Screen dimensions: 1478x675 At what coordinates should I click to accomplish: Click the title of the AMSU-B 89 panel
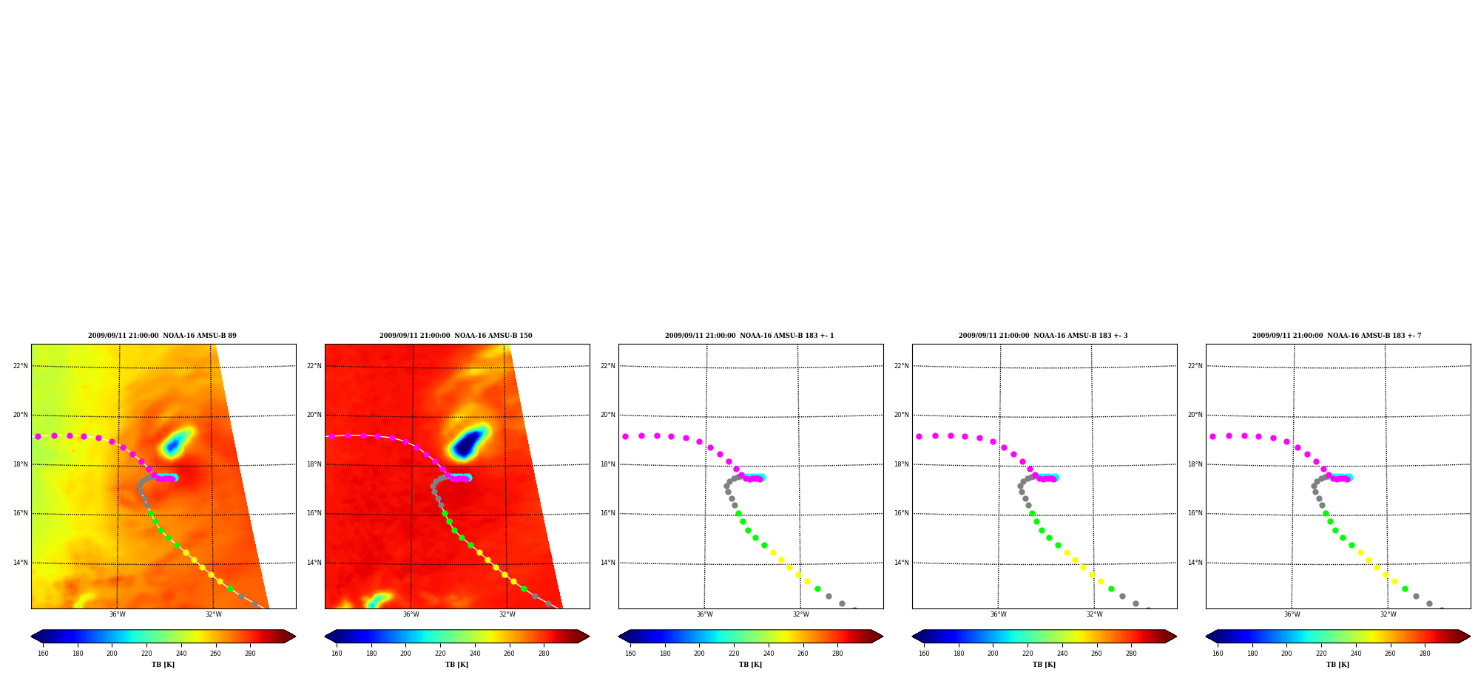click(x=163, y=336)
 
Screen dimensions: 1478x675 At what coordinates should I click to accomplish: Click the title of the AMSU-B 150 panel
click(x=456, y=336)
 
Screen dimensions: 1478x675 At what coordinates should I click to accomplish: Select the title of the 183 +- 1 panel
click(x=749, y=336)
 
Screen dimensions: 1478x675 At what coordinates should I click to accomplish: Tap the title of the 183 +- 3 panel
click(x=1043, y=336)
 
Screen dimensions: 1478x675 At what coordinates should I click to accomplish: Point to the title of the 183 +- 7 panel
click(x=1337, y=336)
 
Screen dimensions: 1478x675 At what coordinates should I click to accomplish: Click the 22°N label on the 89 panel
click(x=21, y=366)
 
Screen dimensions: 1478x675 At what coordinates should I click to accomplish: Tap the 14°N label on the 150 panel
click(x=314, y=563)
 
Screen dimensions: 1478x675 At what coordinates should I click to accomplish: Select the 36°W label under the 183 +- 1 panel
click(x=704, y=614)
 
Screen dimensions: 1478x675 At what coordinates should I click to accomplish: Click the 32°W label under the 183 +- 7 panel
click(x=1388, y=614)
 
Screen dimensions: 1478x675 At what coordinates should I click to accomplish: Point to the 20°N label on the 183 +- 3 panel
click(x=902, y=415)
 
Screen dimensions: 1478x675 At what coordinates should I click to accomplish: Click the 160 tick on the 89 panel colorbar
click(x=43, y=654)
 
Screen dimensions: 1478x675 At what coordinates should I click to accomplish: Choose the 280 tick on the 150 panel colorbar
click(x=544, y=654)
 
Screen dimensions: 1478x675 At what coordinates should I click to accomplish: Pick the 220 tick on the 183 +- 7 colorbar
click(x=1321, y=654)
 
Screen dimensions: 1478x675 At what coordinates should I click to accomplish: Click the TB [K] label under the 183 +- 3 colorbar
click(x=1044, y=665)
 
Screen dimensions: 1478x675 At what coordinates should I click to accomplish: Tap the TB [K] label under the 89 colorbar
click(x=163, y=665)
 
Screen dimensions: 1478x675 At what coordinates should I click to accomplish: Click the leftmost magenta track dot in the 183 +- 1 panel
click(x=625, y=436)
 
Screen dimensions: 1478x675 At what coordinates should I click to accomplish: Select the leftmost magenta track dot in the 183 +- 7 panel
click(x=1212, y=436)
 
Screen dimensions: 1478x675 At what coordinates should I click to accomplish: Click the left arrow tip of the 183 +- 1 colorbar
click(x=618, y=637)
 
